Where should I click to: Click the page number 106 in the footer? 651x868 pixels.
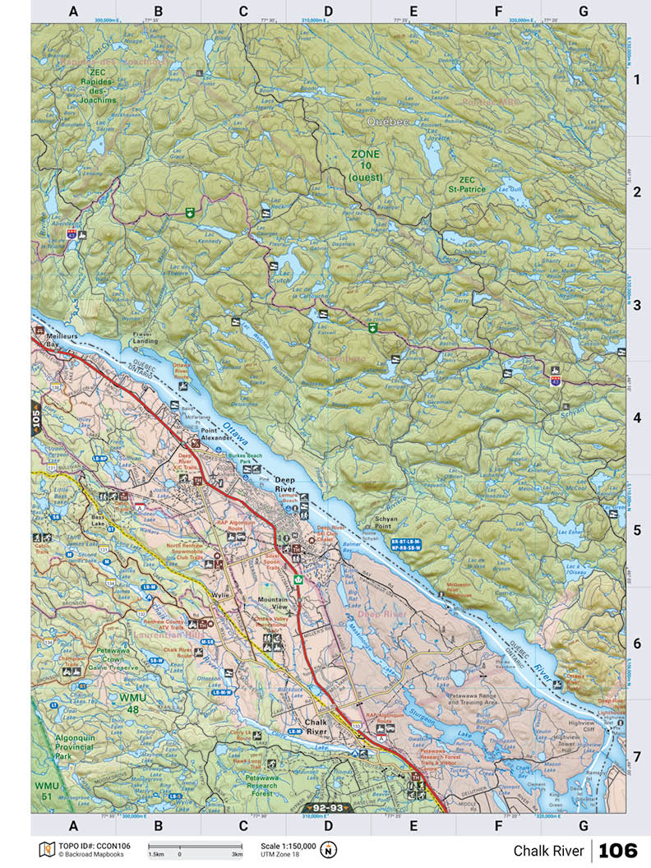tap(619, 850)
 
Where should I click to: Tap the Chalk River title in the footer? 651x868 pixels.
tap(548, 850)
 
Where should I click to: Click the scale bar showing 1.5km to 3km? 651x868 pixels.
tap(195, 847)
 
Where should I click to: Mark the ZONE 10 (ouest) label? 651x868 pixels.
tap(367, 165)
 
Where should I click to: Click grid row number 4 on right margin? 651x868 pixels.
tap(636, 418)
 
